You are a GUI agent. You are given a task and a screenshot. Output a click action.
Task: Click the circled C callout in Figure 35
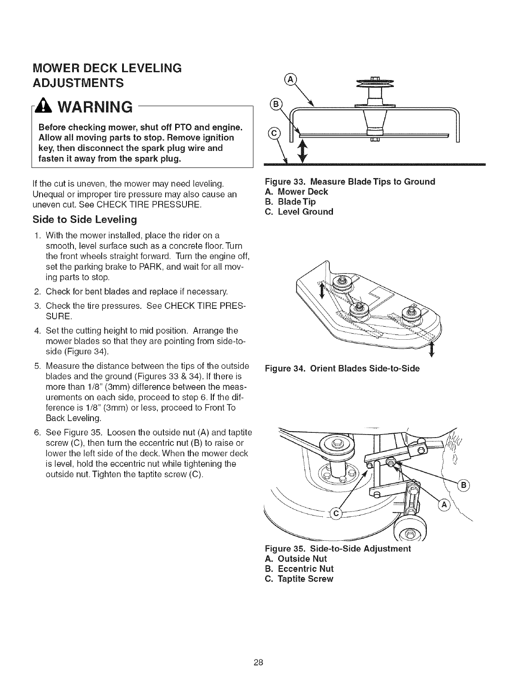(336, 514)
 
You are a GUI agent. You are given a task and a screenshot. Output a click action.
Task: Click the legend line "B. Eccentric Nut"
(299, 569)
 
